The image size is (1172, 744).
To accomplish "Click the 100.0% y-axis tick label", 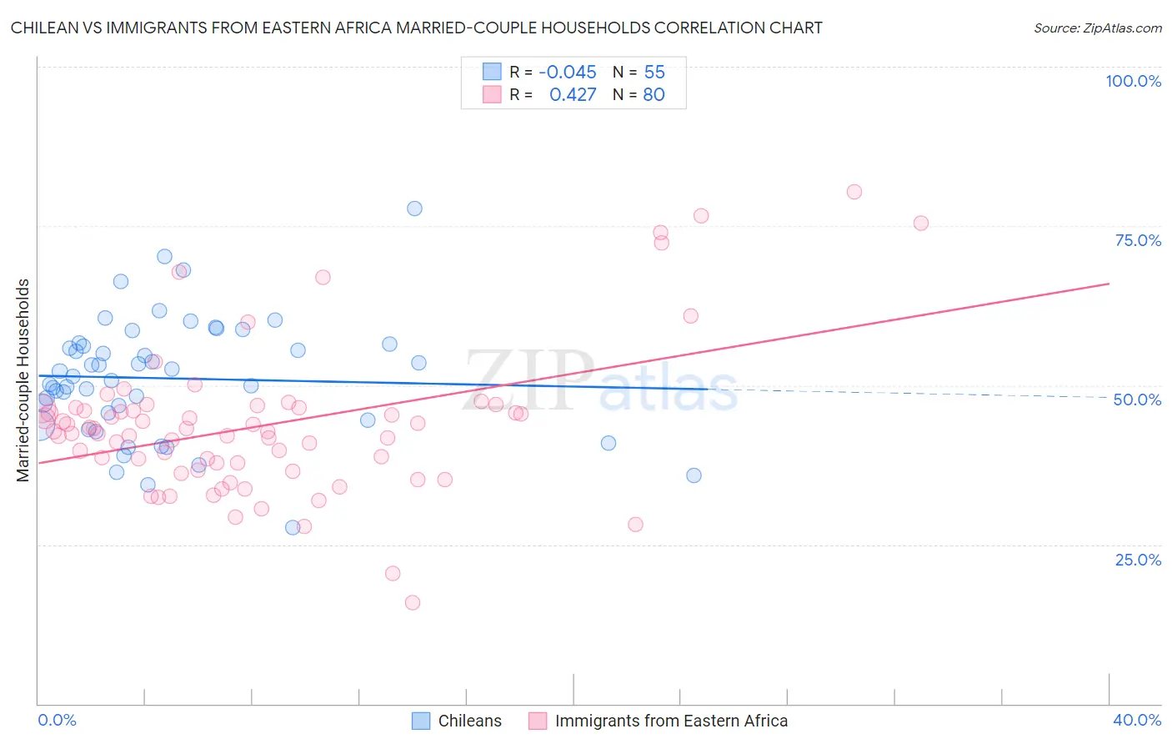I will coord(1133,81).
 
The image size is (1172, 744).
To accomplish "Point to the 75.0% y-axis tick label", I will coord(1138,240).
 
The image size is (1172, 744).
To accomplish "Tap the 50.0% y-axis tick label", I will coord(1137,400).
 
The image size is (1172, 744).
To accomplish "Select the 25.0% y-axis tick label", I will coord(1138,559).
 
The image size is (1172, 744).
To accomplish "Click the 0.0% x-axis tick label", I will coord(58,720).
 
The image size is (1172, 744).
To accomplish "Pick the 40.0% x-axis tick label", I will coord(1137,720).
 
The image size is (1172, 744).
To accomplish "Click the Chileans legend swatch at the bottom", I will coord(421,721).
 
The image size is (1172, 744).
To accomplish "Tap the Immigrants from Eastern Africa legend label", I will coord(671,721).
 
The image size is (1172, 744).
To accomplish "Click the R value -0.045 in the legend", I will coord(567,73).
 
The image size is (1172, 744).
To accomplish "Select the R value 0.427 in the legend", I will coord(573,95).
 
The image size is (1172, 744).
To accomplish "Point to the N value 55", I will coord(654,73).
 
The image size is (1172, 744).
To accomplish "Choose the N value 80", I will coord(654,95).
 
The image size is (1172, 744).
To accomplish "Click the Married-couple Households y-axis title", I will coord(23,380).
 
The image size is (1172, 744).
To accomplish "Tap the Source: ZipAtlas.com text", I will coord(1097,28).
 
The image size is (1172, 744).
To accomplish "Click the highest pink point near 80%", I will coord(854,192).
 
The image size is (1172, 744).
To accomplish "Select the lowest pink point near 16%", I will coord(412,602).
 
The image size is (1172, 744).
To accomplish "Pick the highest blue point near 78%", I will coord(414,209).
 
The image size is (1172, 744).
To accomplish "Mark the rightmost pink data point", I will coord(920,223).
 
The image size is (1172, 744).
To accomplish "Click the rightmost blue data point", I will coord(694,475).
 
